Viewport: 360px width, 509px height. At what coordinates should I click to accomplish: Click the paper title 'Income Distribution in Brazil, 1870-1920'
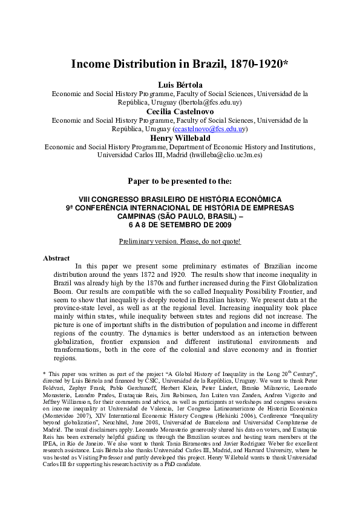click(179, 64)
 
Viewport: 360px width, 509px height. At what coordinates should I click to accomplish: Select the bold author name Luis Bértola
click(180, 84)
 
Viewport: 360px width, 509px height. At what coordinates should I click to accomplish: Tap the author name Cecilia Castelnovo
click(180, 111)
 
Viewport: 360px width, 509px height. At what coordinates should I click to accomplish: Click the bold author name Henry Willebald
click(180, 138)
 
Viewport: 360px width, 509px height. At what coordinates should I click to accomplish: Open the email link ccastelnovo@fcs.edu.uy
click(209, 129)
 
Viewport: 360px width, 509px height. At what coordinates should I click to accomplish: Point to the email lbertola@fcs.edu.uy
click(203, 102)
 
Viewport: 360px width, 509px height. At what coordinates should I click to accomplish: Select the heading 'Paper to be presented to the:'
click(180, 181)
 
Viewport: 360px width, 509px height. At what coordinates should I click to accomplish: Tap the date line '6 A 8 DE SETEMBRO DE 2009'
click(180, 225)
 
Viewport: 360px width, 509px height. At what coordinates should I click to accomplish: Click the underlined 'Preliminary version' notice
click(180, 241)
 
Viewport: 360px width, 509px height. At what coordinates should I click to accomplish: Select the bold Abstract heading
click(56, 258)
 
